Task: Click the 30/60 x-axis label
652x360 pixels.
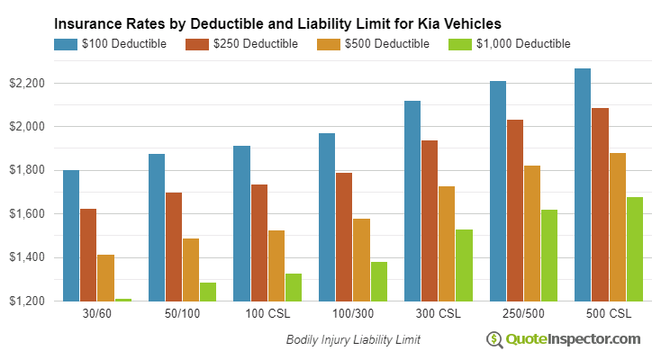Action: [x=96, y=314]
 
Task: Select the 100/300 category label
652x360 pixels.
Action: [x=353, y=314]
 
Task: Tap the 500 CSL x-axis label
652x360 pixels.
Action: [x=609, y=314]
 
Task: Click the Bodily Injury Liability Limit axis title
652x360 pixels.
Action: [x=353, y=340]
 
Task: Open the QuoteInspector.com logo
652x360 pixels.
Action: [x=564, y=339]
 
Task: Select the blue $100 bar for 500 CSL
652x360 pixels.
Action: [x=583, y=184]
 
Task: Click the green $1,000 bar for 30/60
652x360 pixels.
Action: [x=122, y=300]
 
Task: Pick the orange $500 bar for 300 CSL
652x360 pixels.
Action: [x=447, y=243]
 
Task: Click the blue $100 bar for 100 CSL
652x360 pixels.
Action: [x=242, y=223]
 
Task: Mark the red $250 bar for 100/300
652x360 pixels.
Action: [x=344, y=237]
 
